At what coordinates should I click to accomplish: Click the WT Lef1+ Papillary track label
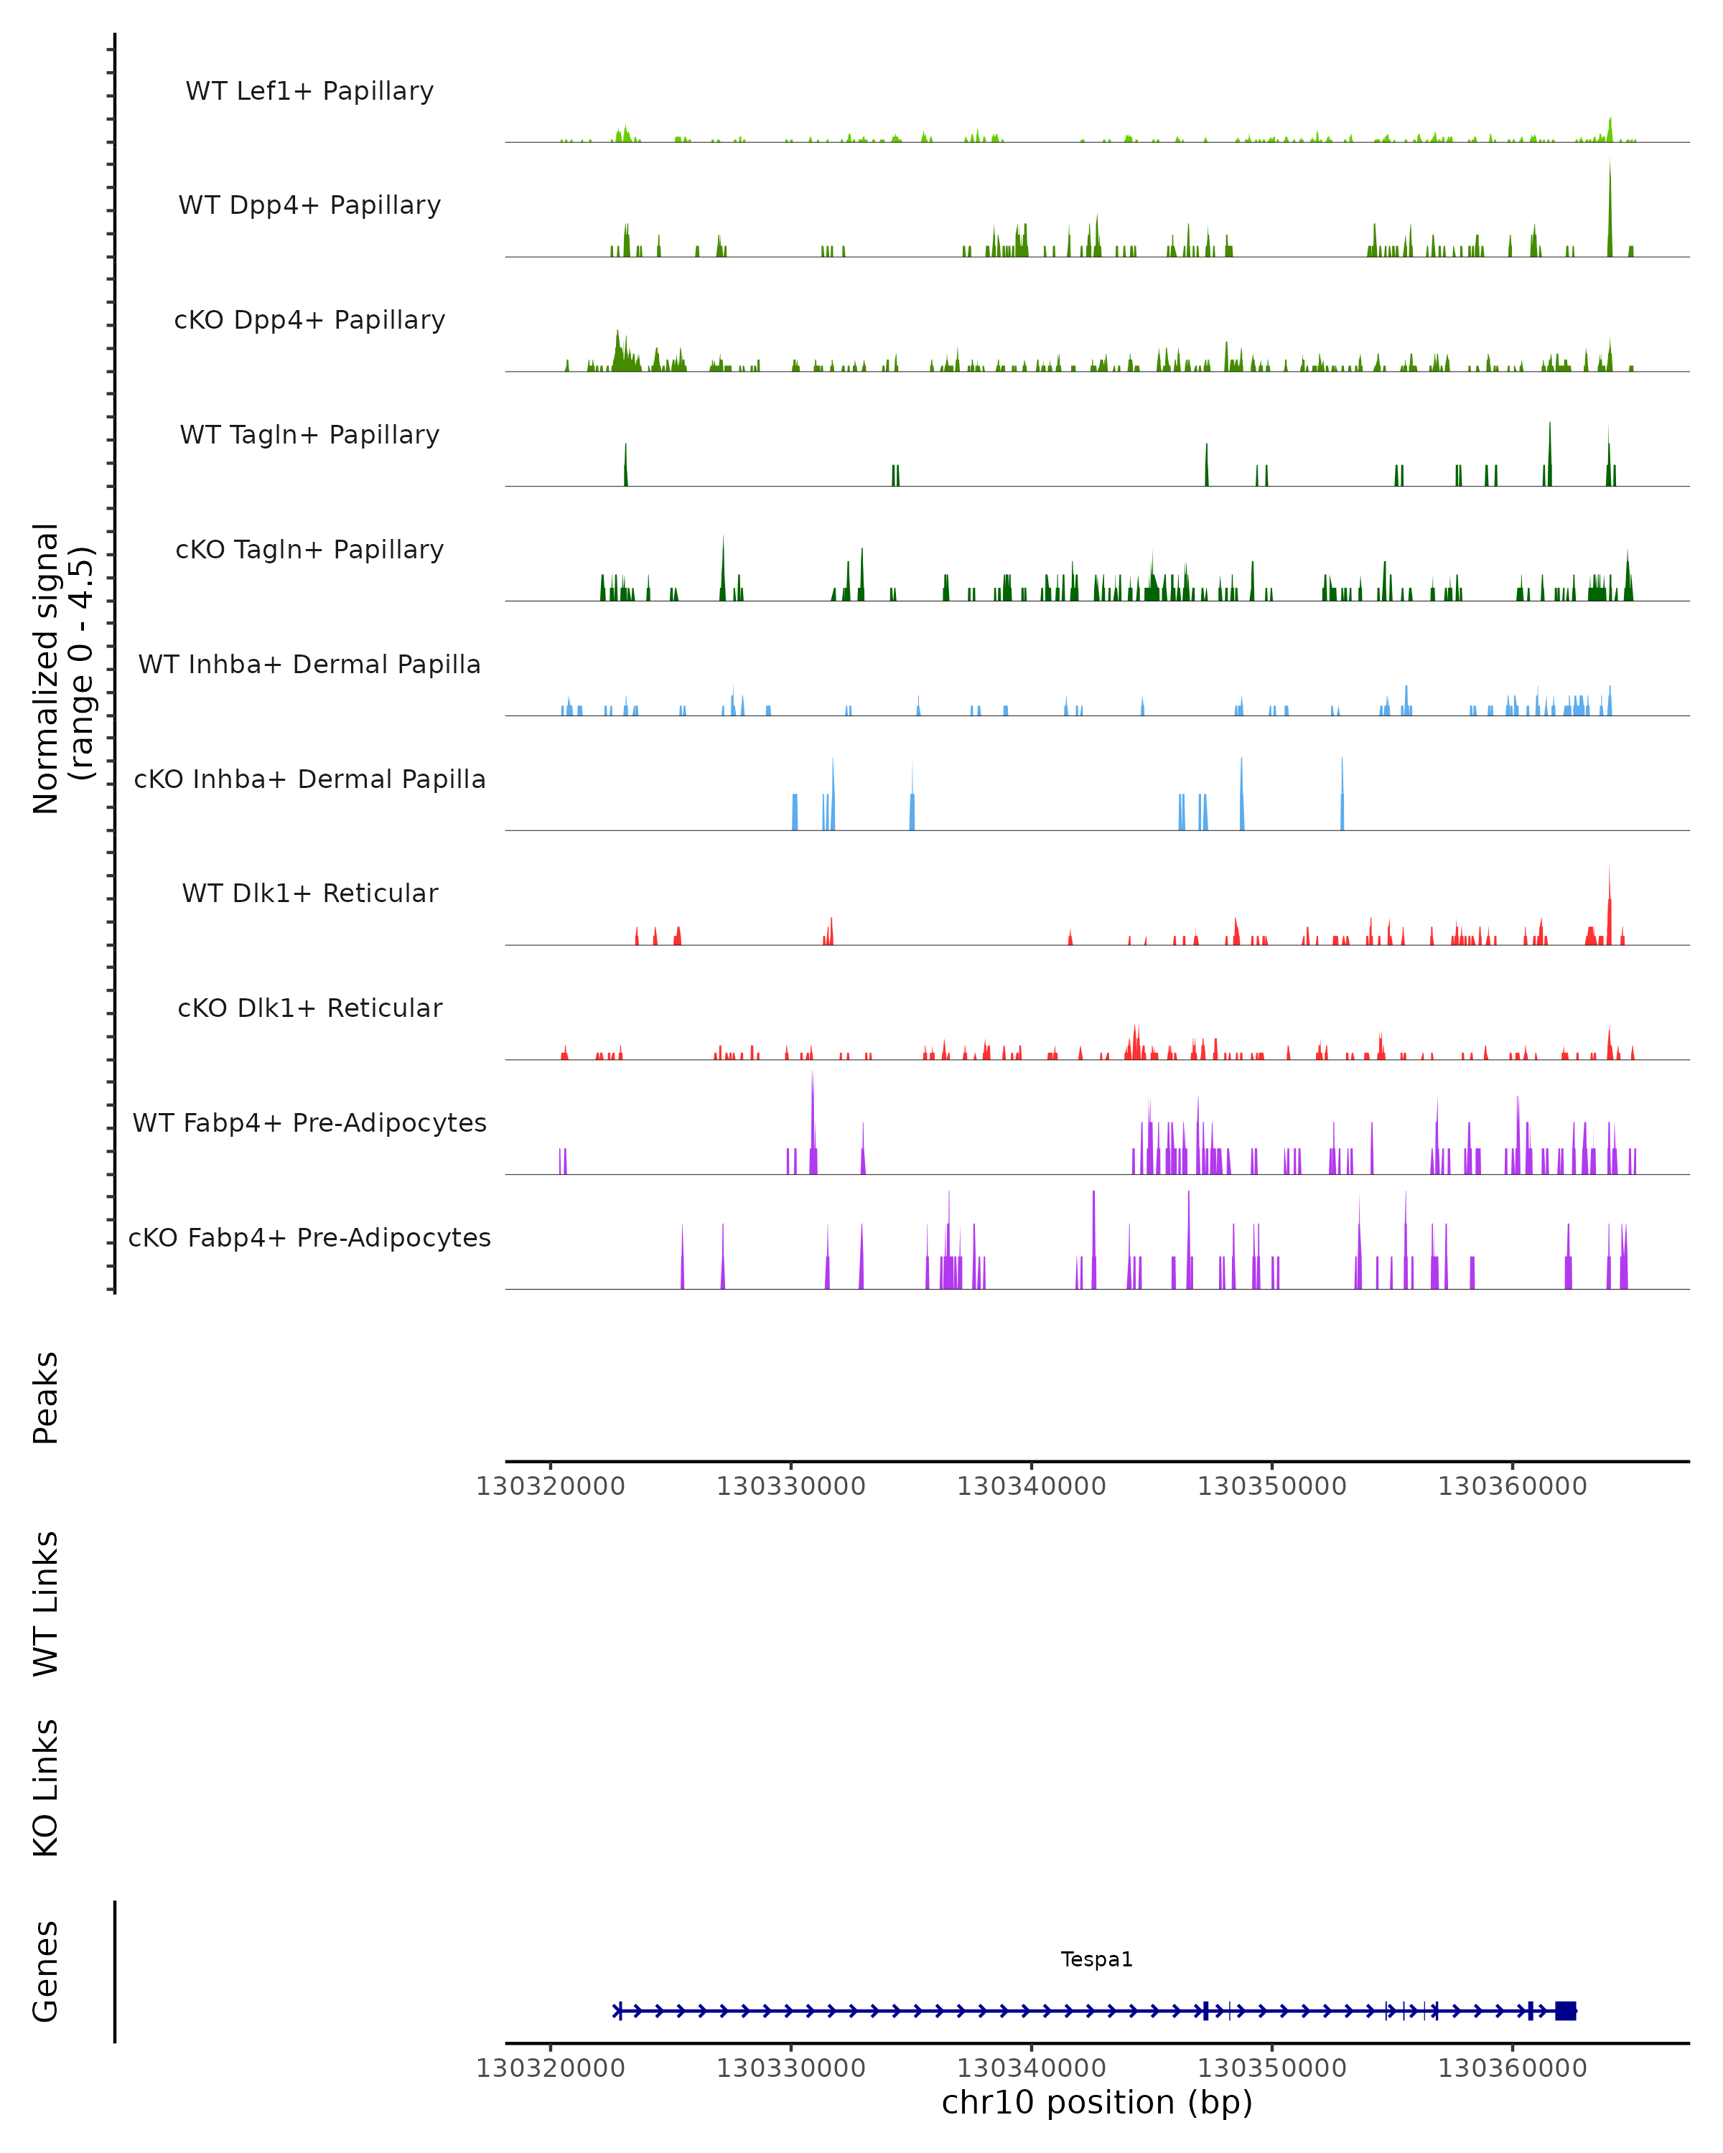(309, 91)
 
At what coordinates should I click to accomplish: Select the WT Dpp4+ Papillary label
(309, 206)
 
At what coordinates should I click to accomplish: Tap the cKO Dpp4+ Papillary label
(309, 321)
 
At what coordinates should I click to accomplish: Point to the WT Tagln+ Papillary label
(309, 436)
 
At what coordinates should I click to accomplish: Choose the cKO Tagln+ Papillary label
(309, 550)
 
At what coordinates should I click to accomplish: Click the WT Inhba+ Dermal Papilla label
(309, 665)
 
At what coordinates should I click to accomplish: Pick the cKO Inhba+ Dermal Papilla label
(309, 780)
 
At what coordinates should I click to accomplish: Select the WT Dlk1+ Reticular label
(309, 893)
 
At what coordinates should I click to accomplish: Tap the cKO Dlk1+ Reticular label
(309, 1008)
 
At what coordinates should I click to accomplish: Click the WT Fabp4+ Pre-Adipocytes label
(309, 1123)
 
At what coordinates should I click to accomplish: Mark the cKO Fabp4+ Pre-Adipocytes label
(309, 1238)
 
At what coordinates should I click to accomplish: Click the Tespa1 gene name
(1097, 1959)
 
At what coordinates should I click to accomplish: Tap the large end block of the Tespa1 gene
(1565, 2010)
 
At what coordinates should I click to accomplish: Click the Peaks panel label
(46, 1397)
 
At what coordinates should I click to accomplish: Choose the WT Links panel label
(46, 1603)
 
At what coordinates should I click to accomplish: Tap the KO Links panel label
(46, 1788)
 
